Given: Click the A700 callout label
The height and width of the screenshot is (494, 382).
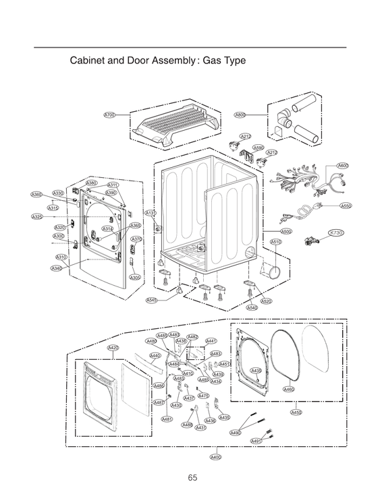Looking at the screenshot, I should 109,115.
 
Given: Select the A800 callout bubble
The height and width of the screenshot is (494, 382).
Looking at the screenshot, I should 240,115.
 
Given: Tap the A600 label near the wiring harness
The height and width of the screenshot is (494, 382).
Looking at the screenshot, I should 343,166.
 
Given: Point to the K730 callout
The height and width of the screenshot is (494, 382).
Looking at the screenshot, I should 335,233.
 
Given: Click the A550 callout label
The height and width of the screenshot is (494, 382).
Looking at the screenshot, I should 346,206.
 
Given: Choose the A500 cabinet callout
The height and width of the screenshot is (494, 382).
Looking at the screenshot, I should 286,231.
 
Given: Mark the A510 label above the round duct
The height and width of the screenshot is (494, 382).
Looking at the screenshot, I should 276,242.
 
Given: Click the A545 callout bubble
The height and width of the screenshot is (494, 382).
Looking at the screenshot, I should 152,301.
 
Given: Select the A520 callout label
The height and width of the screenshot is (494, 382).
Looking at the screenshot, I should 267,301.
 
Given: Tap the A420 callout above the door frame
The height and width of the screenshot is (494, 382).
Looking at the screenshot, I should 113,348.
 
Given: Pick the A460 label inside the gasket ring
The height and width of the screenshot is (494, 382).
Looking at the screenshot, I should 289,389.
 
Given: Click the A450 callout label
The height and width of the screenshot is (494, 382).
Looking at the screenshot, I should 296,412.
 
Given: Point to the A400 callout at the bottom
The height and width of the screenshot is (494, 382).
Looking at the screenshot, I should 215,457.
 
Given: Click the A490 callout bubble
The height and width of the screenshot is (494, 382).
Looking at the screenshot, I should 236,433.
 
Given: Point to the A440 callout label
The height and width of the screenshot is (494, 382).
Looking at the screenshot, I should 155,356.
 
